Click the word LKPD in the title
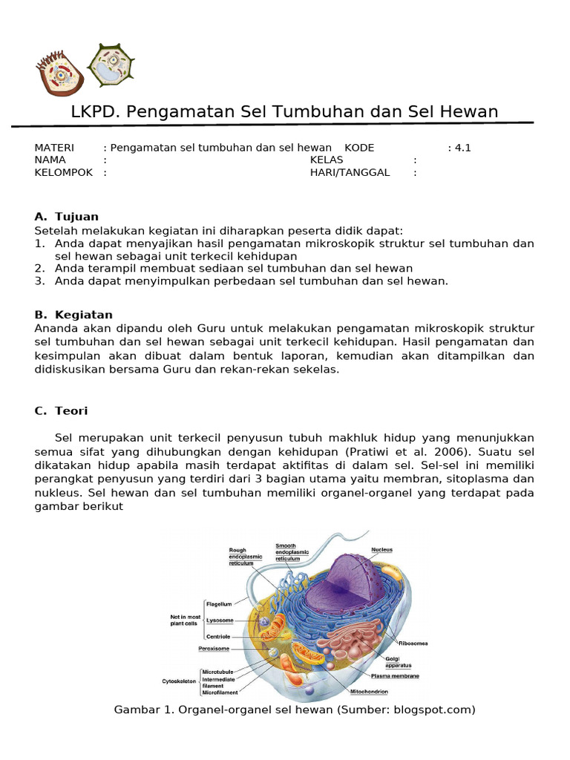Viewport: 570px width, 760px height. [x=95, y=112]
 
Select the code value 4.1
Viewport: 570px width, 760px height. [x=462, y=148]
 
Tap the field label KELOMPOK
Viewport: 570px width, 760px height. [x=64, y=172]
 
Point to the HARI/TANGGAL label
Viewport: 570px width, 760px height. [x=350, y=172]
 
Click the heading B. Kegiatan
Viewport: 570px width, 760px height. [x=73, y=315]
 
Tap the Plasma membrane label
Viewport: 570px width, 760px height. [x=395, y=676]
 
